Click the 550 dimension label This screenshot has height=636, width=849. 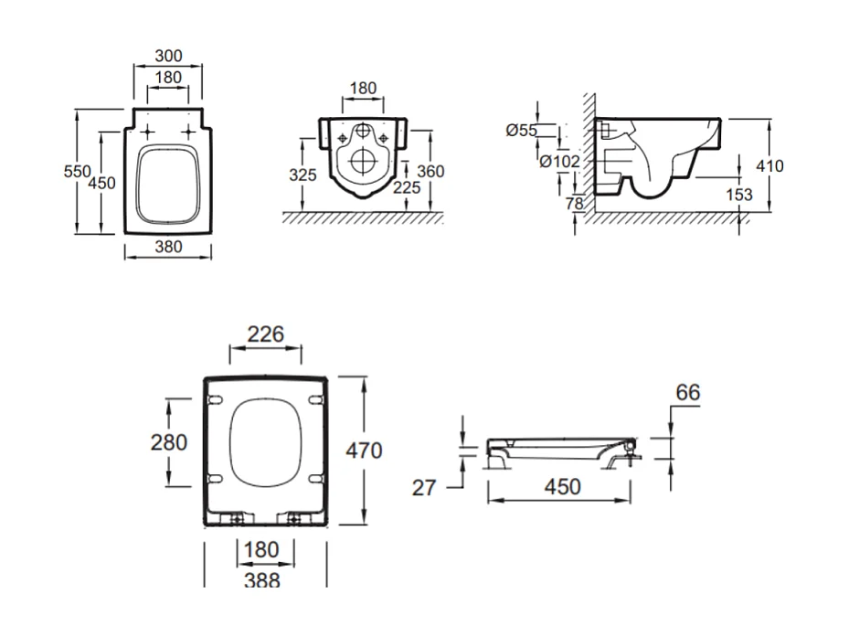point(77,171)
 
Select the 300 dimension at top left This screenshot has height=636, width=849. point(168,56)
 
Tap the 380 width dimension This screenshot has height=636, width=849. point(168,247)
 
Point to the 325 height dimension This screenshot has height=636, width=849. point(302,175)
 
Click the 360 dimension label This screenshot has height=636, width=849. point(430,171)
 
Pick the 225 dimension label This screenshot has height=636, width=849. point(407,187)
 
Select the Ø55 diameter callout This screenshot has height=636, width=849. point(522,130)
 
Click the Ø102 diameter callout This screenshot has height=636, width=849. point(560,162)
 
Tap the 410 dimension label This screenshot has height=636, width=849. point(769,165)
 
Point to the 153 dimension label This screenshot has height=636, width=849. point(739,195)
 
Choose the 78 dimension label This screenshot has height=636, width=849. point(575,203)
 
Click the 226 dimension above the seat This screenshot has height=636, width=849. point(266,334)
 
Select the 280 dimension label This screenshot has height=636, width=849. point(169,443)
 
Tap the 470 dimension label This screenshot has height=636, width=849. point(364,450)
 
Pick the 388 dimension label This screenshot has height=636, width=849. point(262,581)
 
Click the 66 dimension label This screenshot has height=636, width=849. point(687,392)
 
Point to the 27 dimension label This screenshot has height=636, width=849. point(423,488)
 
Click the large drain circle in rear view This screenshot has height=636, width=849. point(364,160)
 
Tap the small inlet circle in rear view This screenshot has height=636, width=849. point(363,131)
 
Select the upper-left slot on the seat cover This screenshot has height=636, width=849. point(215,399)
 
